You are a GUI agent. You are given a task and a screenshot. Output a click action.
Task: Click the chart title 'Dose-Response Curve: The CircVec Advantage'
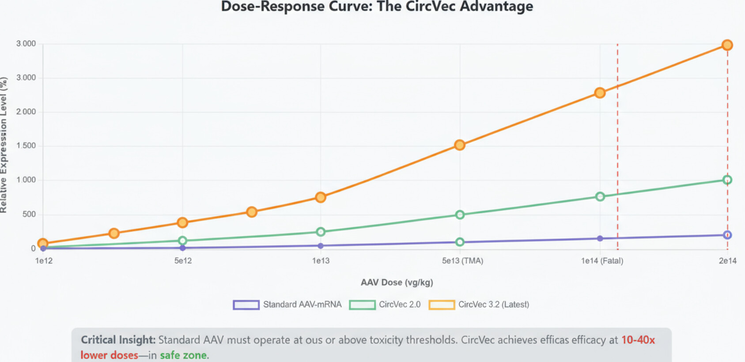[x=377, y=7]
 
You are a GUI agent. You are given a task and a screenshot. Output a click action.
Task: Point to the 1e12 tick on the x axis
[x=44, y=261]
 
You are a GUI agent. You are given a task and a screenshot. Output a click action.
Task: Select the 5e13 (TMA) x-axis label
[x=462, y=261]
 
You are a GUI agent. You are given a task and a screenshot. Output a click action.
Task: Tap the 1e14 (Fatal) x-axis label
[x=602, y=261]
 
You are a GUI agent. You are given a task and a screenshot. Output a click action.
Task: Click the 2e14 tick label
[x=727, y=261]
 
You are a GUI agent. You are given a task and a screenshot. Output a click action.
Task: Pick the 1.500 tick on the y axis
[x=26, y=146]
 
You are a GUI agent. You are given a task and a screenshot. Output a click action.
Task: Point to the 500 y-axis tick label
[x=29, y=214]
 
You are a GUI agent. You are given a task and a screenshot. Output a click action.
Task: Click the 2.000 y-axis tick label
[x=26, y=112]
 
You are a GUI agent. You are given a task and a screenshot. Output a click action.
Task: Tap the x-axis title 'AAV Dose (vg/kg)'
[x=397, y=283]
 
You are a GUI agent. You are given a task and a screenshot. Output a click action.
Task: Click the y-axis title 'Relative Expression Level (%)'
[x=4, y=145]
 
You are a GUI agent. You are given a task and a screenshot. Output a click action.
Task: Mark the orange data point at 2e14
[x=727, y=45]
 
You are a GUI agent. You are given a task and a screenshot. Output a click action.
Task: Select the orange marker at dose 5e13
[x=460, y=145]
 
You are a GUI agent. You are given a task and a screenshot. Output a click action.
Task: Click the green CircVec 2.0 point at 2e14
[x=727, y=180]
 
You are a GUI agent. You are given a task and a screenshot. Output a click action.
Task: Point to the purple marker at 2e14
[x=727, y=235]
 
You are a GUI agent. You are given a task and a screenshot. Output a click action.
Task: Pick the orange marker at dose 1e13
[x=321, y=197]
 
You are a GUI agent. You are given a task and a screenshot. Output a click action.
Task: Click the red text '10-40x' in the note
[x=638, y=340]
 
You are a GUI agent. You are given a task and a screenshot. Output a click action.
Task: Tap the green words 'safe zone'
[x=183, y=355]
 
